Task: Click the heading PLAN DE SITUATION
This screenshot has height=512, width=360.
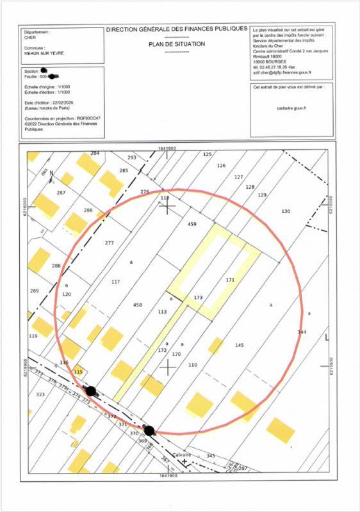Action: [176, 44]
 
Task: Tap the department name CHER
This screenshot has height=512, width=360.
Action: [30, 38]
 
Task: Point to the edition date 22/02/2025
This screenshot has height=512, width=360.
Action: [63, 103]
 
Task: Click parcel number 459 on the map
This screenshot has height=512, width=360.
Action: [191, 225]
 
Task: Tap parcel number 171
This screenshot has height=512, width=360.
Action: [231, 280]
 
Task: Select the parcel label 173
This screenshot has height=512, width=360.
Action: [198, 298]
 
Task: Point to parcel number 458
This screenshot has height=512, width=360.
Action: [137, 305]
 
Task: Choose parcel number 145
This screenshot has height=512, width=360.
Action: [239, 345]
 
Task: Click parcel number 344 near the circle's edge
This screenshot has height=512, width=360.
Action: [302, 332]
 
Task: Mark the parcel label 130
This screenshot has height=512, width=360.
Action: [286, 211]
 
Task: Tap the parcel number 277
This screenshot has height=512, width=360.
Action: [109, 243]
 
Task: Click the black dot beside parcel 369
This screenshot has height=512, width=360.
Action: [149, 431]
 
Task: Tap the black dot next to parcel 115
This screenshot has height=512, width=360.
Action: [91, 390]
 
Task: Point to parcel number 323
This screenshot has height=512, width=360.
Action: [40, 395]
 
